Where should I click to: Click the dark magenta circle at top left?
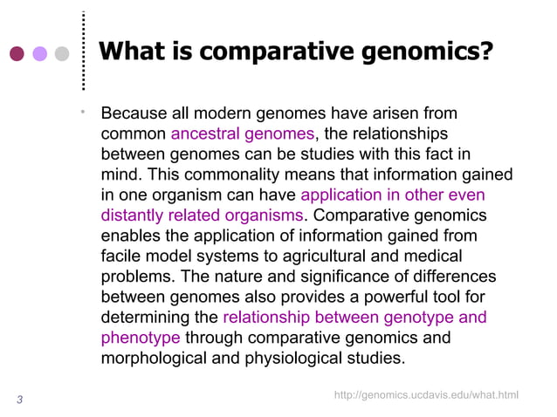[17, 54]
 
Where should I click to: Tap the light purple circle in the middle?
[39, 54]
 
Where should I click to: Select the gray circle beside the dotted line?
[61, 54]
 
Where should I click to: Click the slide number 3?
[19, 400]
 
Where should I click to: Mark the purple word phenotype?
[141, 338]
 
